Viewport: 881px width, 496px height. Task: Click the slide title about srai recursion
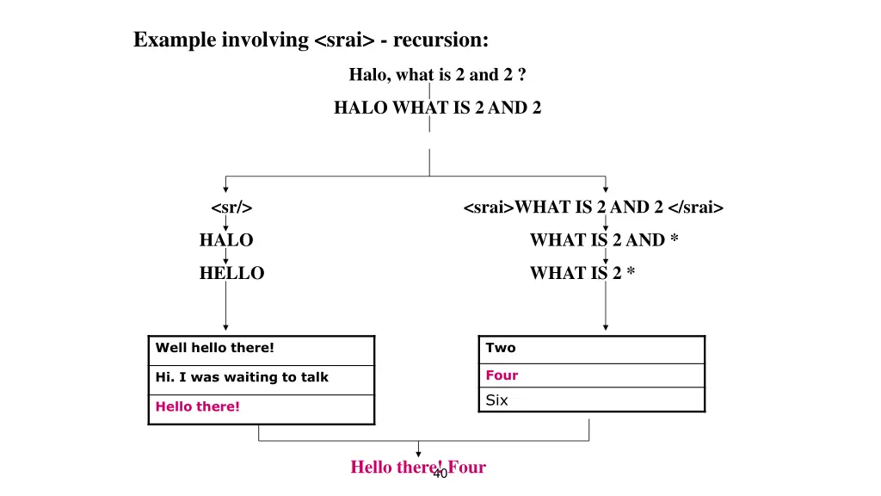pyautogui.click(x=311, y=40)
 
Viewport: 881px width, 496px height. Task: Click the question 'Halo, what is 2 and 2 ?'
pyautogui.click(x=437, y=75)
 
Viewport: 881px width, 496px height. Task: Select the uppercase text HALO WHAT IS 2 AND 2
pyautogui.click(x=437, y=108)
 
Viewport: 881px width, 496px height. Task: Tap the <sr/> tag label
pyautogui.click(x=231, y=208)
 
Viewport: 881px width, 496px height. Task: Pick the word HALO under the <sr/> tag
pyautogui.click(x=226, y=240)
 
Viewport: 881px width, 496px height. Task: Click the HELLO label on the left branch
pyautogui.click(x=231, y=273)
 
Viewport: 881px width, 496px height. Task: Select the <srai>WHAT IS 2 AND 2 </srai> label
pyautogui.click(x=593, y=208)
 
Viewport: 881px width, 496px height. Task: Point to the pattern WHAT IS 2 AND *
pyautogui.click(x=604, y=240)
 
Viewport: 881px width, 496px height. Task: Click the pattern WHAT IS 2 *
pyautogui.click(x=582, y=273)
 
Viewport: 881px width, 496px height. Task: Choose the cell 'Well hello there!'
pyautogui.click(x=261, y=349)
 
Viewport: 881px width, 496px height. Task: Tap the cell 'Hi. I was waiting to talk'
pyautogui.click(x=261, y=377)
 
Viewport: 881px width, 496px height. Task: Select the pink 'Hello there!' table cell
pyautogui.click(x=261, y=406)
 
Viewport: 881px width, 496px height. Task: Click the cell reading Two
pyautogui.click(x=591, y=348)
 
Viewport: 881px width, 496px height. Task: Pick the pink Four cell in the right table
pyautogui.click(x=591, y=375)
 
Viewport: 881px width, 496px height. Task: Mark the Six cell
pyautogui.click(x=591, y=400)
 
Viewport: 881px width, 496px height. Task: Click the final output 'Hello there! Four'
pyautogui.click(x=417, y=467)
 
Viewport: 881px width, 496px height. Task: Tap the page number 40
pyautogui.click(x=440, y=474)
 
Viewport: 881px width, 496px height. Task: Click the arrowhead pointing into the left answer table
pyautogui.click(x=225, y=327)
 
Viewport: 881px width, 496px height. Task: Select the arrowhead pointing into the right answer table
pyautogui.click(x=606, y=327)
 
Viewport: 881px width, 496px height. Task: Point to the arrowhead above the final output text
pyautogui.click(x=419, y=454)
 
